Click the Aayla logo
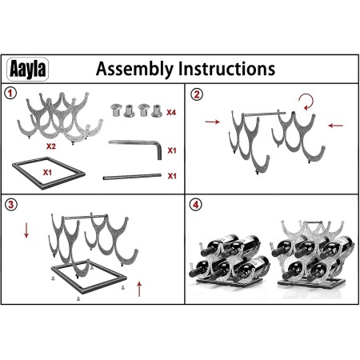27,69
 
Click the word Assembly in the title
134,70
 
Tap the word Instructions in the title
226,69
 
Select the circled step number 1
10,94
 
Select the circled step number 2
197,94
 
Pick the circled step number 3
11,205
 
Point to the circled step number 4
196,205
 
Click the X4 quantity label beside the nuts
171,113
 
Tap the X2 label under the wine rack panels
51,146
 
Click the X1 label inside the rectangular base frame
47,173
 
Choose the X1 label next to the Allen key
172,150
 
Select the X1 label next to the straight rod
172,176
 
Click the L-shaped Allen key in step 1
150,142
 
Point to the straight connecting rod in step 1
132,177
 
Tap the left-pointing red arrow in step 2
335,126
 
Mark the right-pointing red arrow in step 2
213,122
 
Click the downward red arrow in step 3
26,230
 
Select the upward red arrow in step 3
139,289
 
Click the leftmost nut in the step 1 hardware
116,110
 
